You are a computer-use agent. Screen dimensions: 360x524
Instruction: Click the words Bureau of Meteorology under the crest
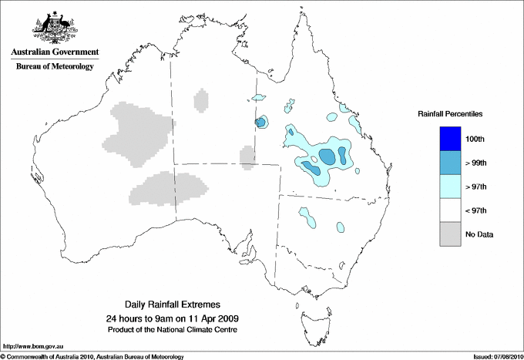pos(55,67)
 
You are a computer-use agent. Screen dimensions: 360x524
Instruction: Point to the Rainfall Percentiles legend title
pos(450,114)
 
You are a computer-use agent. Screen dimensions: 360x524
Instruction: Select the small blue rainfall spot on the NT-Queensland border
pos(260,122)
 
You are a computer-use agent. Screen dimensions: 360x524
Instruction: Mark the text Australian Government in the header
pos(55,52)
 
